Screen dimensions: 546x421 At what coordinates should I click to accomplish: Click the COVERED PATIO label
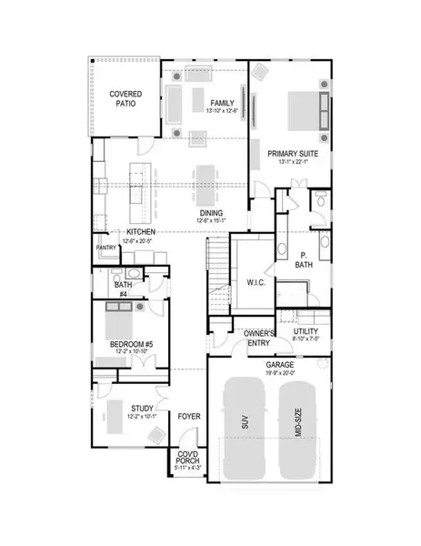point(123,98)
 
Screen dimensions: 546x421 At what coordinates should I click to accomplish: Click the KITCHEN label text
point(141,232)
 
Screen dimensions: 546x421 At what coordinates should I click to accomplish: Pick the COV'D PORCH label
point(186,460)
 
